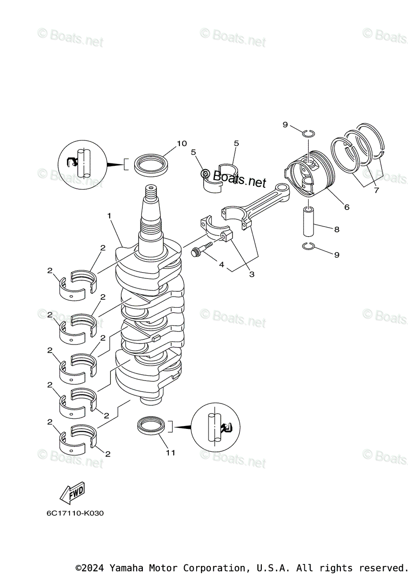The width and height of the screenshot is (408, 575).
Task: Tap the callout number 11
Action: [x=171, y=452]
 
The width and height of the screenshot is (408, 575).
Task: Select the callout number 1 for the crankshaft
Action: [x=109, y=216]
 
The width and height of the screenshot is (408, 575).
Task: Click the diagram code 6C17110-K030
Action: [x=75, y=514]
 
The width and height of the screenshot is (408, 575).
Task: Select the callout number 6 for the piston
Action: [x=346, y=207]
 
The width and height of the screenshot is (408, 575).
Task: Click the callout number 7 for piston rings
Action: [x=376, y=190]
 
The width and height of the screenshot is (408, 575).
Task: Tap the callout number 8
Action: [x=337, y=230]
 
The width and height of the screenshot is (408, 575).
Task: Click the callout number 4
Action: [x=221, y=264]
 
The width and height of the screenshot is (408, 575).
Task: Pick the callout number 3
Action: [x=251, y=275]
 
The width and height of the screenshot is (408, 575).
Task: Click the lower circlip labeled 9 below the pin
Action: [x=308, y=246]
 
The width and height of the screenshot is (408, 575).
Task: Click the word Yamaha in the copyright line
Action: [x=126, y=568]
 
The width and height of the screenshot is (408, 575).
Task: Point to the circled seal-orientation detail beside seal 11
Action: [x=215, y=427]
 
